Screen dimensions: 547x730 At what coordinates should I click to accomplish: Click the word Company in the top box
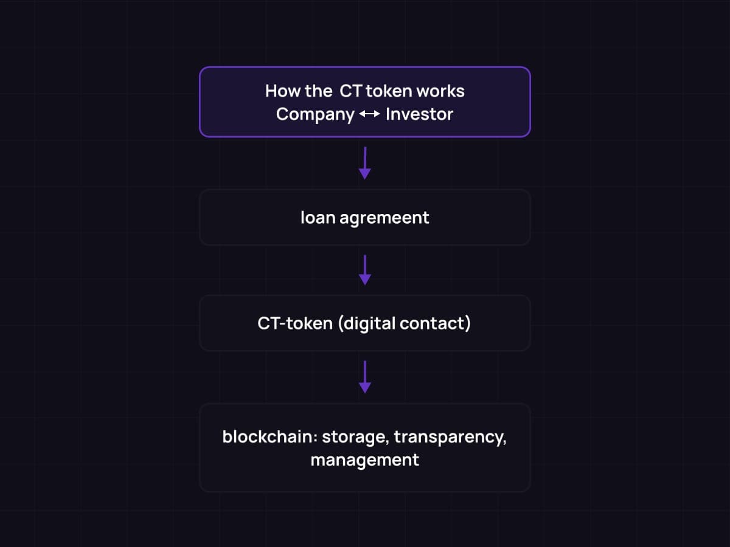pos(315,114)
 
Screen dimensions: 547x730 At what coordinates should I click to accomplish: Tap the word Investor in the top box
pos(419,114)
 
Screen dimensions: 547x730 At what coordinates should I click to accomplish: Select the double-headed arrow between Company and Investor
pos(370,114)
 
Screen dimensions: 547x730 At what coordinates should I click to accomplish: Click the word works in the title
pos(440,91)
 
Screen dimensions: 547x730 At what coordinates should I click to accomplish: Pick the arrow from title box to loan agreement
pos(365,163)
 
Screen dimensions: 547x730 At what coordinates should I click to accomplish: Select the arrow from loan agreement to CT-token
pos(365,270)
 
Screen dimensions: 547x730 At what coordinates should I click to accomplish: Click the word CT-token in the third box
pos(295,323)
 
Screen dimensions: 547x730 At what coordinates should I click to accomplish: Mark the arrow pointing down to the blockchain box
pos(365,377)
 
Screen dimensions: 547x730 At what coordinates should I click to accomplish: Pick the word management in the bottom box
pos(365,460)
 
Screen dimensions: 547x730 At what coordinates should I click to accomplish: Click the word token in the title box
pos(389,91)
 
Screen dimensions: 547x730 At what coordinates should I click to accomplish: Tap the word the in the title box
pos(319,91)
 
